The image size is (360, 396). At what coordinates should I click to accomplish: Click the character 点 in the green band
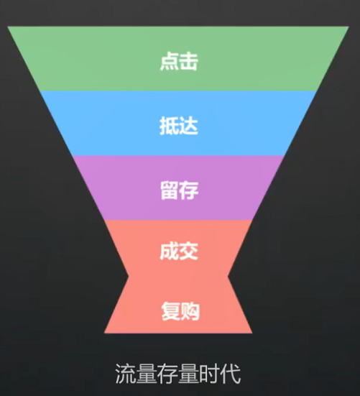[170, 61]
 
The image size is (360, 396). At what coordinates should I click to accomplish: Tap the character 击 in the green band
[188, 61]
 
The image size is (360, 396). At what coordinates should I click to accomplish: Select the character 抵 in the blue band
[169, 126]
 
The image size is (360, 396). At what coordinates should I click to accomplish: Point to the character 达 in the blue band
[188, 126]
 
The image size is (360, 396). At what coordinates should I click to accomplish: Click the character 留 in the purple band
[170, 190]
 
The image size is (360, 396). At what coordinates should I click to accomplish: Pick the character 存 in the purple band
[189, 190]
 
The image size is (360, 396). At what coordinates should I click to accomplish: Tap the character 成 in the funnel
[169, 251]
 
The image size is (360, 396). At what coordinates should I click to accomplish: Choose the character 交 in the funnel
[188, 251]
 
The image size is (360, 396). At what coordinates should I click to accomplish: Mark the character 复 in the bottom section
[171, 311]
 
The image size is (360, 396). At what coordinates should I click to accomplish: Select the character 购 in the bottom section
[190, 311]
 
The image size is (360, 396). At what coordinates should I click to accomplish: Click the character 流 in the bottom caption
[125, 374]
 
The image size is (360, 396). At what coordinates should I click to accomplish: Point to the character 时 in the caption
[209, 374]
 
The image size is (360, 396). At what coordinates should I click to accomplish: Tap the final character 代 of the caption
[230, 374]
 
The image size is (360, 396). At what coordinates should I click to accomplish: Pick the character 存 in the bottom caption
[167, 374]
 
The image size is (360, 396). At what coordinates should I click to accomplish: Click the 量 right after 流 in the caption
[146, 374]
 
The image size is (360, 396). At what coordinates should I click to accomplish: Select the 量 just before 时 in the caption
[188, 374]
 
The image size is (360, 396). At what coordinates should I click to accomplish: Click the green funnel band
[178, 59]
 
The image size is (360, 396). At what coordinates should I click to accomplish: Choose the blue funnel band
[178, 123]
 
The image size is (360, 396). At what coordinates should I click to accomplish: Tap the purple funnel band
[178, 188]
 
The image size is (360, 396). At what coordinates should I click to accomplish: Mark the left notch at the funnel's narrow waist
[129, 277]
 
